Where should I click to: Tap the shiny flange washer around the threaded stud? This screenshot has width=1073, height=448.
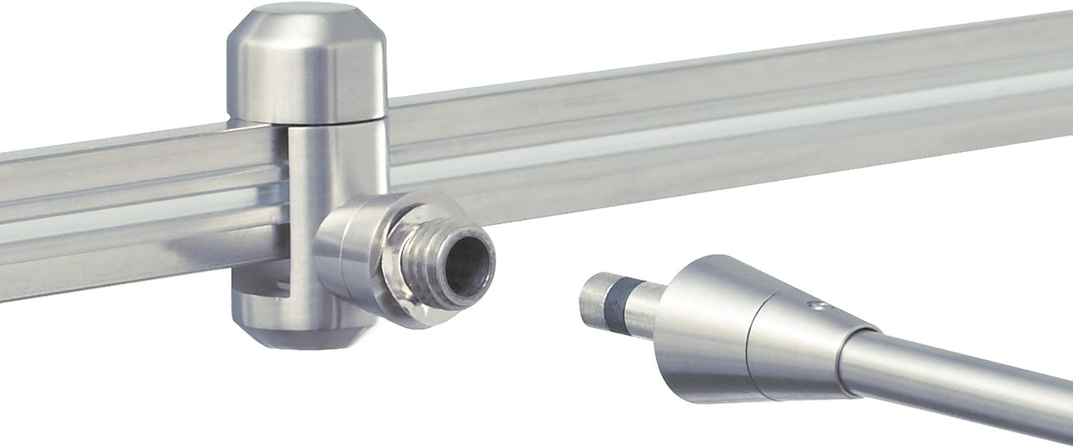pyautogui.click(x=401, y=300)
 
